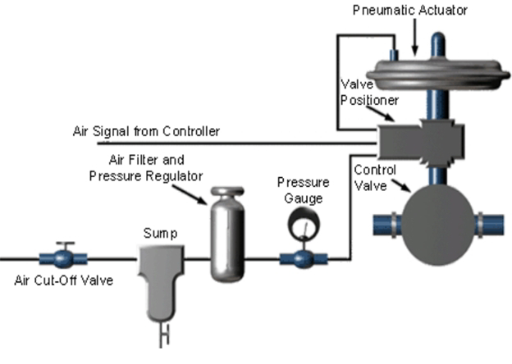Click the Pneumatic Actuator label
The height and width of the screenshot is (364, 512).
click(409, 10)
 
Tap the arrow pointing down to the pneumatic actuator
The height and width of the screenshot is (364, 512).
click(415, 37)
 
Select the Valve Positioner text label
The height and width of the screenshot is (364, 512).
click(369, 92)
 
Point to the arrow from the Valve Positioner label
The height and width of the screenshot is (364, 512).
click(381, 113)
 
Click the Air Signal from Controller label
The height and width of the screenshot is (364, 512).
click(146, 131)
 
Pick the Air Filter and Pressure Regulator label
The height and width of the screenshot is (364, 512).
click(146, 167)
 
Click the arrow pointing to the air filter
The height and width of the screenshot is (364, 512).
click(190, 195)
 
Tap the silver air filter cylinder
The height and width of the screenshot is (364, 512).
click(227, 234)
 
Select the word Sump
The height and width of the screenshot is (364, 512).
click(160, 233)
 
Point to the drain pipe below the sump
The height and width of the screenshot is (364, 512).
click(164, 335)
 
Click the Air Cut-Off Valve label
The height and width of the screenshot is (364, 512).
click(64, 280)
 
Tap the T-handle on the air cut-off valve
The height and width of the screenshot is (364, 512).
click(66, 245)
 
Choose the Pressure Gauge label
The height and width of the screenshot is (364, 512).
click(304, 190)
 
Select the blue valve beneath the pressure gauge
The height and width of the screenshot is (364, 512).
click(304, 258)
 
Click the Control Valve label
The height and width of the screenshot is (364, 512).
click(375, 178)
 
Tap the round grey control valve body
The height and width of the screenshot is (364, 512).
click(437, 225)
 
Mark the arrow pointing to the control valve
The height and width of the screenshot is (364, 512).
click(401, 185)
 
